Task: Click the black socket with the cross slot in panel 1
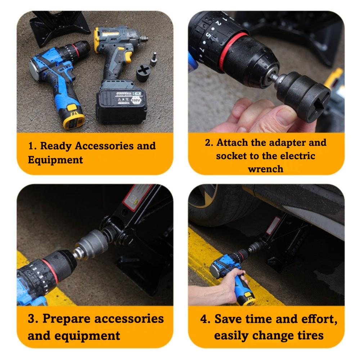[143, 73]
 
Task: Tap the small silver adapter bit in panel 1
[154, 59]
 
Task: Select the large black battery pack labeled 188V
[121, 104]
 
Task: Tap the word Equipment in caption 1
[55, 160]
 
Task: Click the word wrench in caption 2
[266, 169]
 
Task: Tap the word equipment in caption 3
[87, 336]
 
